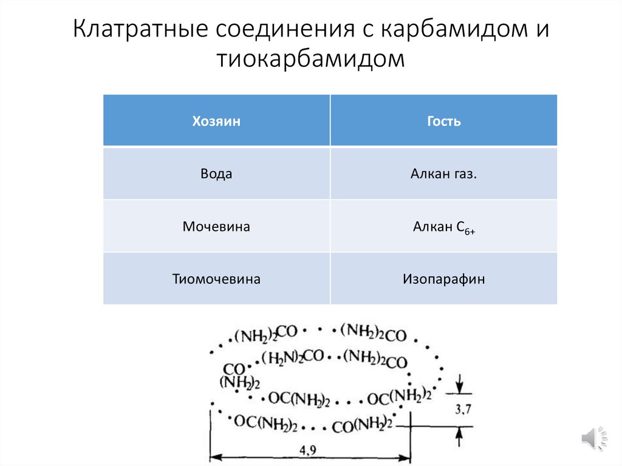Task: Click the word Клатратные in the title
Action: (x=141, y=30)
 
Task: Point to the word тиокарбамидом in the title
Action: (x=310, y=60)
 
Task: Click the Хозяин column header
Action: (x=216, y=121)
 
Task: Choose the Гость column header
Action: (x=443, y=121)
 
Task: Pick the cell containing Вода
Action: (x=216, y=173)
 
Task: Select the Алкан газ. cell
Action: (x=443, y=174)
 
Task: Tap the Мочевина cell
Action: (x=216, y=227)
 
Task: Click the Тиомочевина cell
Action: (x=216, y=279)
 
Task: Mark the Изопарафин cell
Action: (x=443, y=279)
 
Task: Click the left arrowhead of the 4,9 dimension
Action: (x=215, y=457)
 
